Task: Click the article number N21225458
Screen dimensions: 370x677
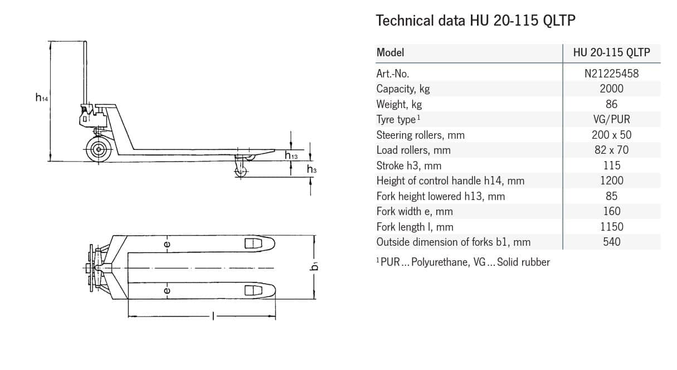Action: (611, 73)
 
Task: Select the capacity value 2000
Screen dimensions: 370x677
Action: (611, 89)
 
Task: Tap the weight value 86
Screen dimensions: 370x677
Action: (611, 104)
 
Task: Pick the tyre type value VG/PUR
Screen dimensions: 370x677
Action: (611, 119)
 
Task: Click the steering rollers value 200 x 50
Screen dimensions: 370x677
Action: (611, 135)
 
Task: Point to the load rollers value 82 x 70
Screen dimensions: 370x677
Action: (611, 150)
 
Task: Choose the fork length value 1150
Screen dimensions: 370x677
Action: (611, 227)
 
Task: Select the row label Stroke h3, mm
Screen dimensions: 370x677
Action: (408, 165)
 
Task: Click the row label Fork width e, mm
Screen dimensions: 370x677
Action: (414, 211)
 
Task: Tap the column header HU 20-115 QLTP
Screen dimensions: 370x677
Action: (611, 53)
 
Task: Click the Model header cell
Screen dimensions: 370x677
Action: (390, 53)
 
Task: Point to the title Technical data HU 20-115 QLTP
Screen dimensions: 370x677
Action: (475, 21)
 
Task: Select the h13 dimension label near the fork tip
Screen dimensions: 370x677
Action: (291, 155)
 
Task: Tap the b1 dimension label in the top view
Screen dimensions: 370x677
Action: (315, 266)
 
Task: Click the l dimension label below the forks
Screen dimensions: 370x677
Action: (212, 317)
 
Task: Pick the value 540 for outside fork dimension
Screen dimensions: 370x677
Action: (611, 242)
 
